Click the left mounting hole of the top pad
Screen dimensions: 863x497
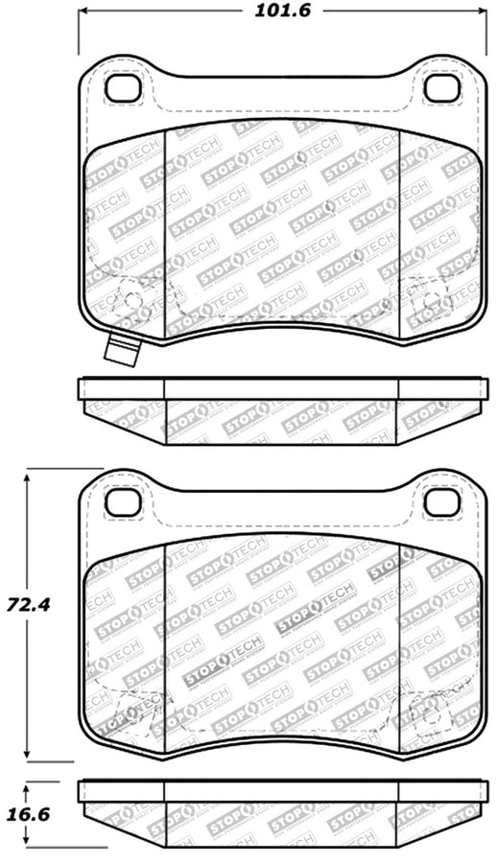tap(122, 88)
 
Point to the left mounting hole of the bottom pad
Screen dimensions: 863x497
tap(122, 501)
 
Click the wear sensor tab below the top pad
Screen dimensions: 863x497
tap(122, 350)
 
